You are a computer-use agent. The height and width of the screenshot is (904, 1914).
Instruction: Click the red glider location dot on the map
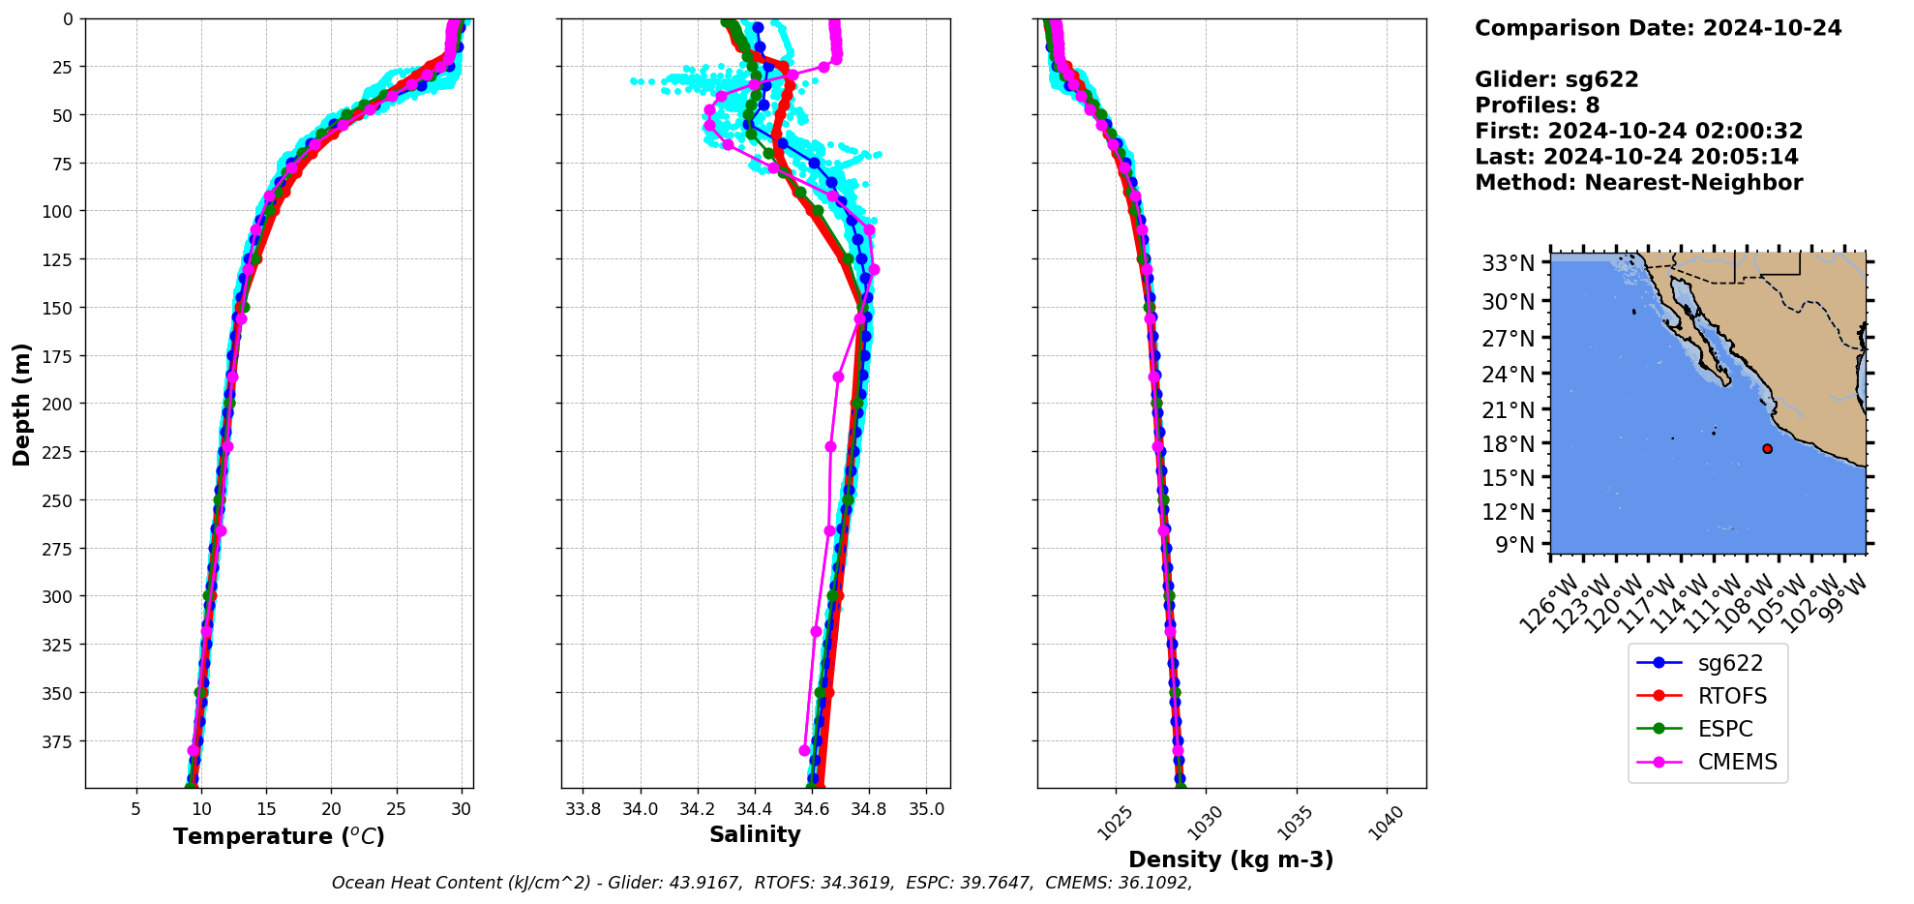[1767, 448]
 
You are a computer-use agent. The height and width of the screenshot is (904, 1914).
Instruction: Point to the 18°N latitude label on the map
[1509, 444]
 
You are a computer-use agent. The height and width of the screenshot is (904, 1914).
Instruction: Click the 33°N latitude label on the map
[1509, 263]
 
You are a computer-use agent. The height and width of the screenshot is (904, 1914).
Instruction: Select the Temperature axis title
[279, 836]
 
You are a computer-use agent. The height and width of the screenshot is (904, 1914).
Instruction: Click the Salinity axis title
[755, 834]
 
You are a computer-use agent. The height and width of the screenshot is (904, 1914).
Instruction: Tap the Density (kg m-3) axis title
[1231, 859]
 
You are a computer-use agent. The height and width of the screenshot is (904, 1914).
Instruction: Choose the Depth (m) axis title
[21, 404]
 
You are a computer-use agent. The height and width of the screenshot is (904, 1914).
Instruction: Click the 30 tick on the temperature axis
[462, 809]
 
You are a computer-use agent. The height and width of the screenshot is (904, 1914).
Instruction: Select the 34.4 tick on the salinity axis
[754, 809]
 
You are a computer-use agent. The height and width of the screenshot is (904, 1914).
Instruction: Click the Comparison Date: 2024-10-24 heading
[1658, 28]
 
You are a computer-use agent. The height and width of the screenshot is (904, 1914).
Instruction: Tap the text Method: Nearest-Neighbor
[1638, 183]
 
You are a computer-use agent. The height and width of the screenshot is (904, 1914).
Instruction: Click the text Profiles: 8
[1537, 105]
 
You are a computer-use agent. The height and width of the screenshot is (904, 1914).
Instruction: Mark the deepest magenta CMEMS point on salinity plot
[804, 750]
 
